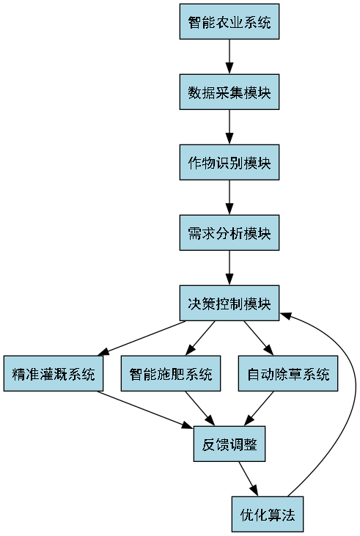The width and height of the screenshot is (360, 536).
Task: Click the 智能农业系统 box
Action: pyautogui.click(x=229, y=22)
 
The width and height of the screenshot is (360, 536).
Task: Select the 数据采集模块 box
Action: pyautogui.click(x=229, y=92)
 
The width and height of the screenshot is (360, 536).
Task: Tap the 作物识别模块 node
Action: pyautogui.click(x=229, y=163)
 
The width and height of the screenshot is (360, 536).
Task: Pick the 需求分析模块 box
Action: pyautogui.click(x=229, y=233)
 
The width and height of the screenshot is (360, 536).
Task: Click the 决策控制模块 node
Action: pyautogui.click(x=229, y=304)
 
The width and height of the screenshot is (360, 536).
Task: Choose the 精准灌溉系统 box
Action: pyautogui.click(x=54, y=374)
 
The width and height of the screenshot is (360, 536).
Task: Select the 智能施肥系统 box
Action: pyautogui.click(x=171, y=374)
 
